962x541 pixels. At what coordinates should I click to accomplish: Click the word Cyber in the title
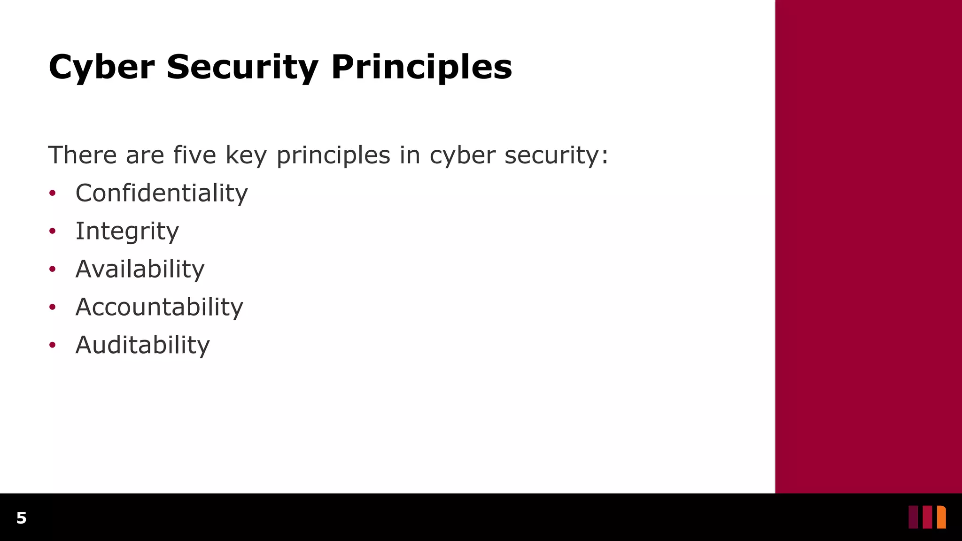point(101,67)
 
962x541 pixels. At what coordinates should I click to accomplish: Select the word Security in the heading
point(242,67)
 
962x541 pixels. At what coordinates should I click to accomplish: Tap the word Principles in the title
point(421,67)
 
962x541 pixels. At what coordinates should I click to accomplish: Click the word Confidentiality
point(162,193)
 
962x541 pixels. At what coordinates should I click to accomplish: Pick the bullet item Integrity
point(127,231)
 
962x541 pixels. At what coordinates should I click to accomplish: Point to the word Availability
point(140,269)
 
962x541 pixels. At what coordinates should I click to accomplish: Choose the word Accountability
point(159,307)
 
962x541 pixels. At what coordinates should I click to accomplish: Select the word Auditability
point(142,345)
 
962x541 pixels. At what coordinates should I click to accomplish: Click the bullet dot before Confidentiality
point(53,193)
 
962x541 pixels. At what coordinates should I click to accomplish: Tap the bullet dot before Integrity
point(53,231)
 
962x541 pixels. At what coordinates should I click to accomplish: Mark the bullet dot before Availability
point(53,269)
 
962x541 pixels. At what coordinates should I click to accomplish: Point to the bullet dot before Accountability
point(53,307)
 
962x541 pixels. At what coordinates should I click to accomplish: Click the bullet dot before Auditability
point(53,345)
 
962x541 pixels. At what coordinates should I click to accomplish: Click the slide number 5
point(21,518)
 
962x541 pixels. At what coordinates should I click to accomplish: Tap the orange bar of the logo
point(941,517)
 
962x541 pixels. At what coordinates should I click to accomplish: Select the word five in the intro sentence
point(194,155)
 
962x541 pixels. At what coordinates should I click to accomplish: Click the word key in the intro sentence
point(246,156)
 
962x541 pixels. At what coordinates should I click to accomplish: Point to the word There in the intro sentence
point(82,155)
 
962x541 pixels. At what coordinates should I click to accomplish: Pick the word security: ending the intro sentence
point(556,156)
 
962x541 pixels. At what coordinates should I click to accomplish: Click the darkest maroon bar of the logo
point(913,517)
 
